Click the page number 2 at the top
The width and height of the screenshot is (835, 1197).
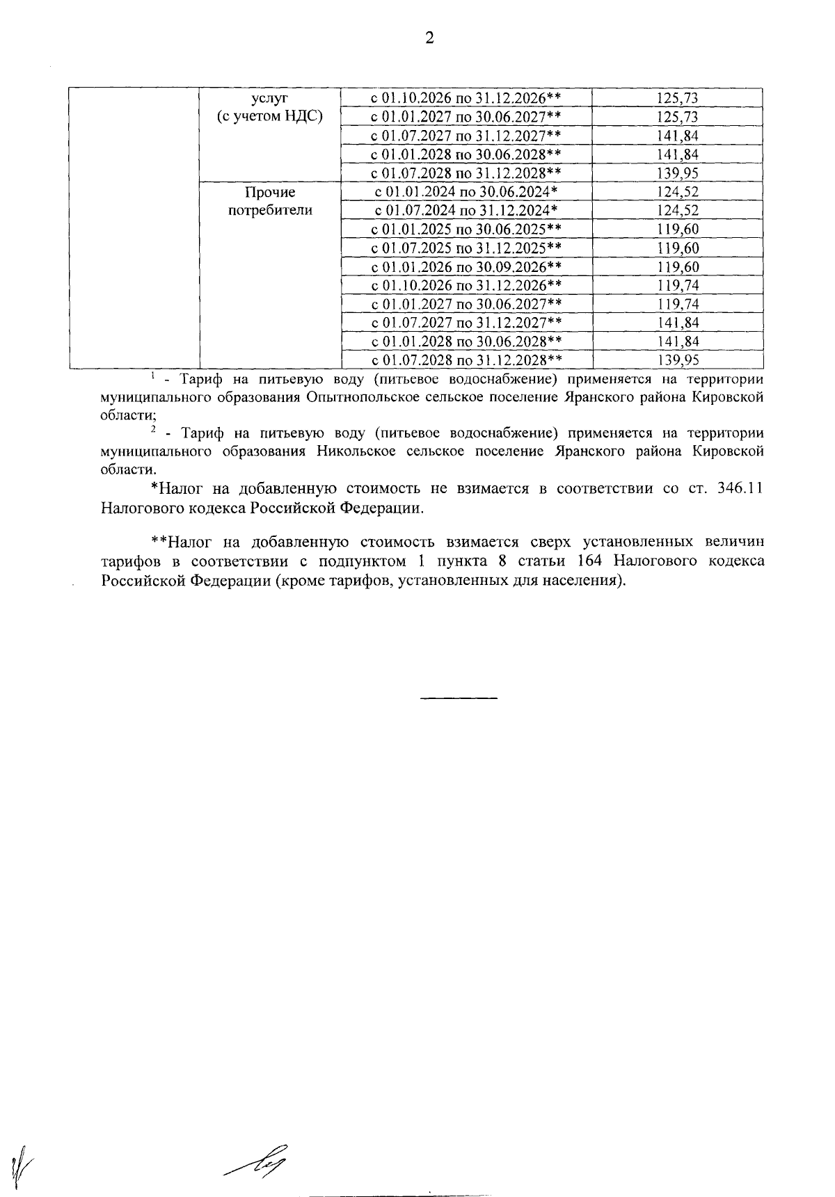point(429,38)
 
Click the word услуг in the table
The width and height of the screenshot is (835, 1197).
point(269,98)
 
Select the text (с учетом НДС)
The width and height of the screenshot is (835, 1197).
point(269,117)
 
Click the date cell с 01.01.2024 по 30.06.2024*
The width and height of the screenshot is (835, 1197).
point(466,192)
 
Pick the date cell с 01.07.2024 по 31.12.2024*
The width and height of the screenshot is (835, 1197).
point(466,211)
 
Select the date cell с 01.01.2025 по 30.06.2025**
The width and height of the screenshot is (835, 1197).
point(466,230)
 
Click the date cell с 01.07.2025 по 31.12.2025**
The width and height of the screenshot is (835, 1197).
point(466,248)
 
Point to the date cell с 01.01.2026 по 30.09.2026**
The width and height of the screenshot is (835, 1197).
point(466,267)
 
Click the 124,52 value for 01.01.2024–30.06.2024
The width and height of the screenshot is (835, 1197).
point(678,192)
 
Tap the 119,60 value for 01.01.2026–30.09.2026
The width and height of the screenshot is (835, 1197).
point(678,267)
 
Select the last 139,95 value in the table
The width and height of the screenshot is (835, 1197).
point(678,360)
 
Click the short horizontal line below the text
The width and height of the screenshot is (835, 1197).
point(459,697)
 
